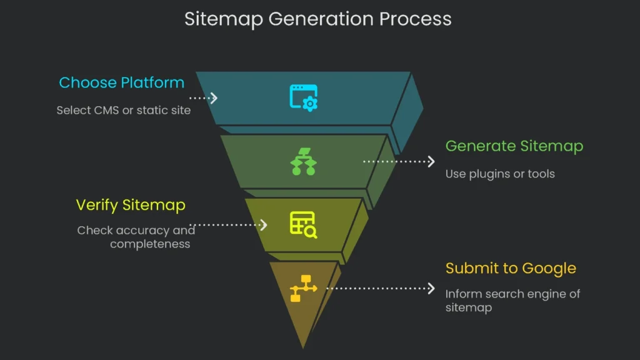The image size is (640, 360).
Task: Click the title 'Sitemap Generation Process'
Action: click(317, 19)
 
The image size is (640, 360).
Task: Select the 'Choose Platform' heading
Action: click(121, 83)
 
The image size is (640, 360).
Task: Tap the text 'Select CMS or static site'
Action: click(123, 111)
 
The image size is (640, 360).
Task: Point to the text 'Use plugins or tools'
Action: click(499, 174)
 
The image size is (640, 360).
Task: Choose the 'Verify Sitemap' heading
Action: click(131, 205)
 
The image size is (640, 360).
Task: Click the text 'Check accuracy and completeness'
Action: click(136, 237)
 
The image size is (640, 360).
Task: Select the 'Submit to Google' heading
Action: click(511, 269)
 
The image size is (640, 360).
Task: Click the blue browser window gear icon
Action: click(304, 98)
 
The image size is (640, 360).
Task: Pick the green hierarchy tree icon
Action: click(304, 161)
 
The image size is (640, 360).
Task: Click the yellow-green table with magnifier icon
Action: click(303, 225)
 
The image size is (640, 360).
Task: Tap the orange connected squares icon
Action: click(303, 288)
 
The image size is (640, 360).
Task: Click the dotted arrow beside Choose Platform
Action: click(203, 98)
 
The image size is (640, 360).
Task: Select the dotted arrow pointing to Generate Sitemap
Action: click(399, 161)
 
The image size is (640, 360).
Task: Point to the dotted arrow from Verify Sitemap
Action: click(229, 225)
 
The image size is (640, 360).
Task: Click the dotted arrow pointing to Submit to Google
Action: click(380, 288)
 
